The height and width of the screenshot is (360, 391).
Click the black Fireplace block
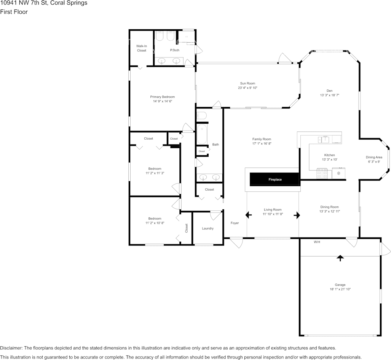point(275,179)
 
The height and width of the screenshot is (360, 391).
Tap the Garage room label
point(340,285)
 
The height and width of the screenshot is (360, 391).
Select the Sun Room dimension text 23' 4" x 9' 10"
point(247,88)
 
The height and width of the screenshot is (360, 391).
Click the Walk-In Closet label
point(141,48)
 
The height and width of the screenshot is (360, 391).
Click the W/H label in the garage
point(317,242)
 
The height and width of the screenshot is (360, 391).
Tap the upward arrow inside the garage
point(340,258)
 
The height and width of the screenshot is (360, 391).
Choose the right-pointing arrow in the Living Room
point(297,215)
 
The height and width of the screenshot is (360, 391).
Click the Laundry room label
point(207,228)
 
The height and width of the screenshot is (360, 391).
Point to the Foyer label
point(235,223)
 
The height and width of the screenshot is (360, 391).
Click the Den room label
point(329,91)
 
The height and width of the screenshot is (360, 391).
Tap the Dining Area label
point(373,157)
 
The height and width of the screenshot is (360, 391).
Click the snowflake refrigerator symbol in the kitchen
point(338,174)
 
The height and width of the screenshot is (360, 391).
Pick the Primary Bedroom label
point(163,97)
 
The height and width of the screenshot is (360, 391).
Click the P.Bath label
point(175,50)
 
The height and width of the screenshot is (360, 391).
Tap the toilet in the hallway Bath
point(202,115)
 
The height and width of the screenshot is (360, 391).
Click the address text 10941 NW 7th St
point(22,3)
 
